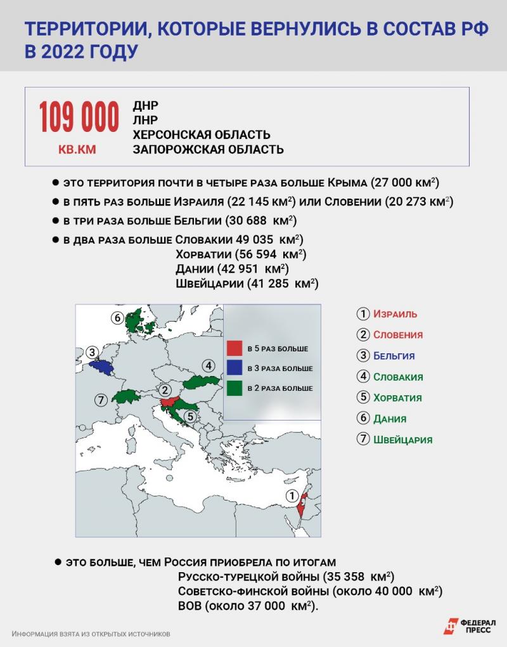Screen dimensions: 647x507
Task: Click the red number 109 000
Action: (79, 117)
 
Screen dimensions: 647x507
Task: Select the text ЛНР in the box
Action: (145, 120)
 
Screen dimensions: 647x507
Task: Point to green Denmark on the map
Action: (136, 320)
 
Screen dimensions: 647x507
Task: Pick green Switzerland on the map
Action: (125, 397)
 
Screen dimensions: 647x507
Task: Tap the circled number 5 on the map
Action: (189, 417)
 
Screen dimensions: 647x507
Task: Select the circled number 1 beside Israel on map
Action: (292, 496)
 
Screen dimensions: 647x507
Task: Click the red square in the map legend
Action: (235, 348)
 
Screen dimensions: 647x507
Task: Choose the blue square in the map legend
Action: (235, 368)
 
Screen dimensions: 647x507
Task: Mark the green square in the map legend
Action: (235, 388)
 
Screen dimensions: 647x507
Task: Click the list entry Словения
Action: (398, 334)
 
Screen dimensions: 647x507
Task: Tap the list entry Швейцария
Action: (402, 439)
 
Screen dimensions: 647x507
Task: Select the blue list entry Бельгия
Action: (394, 355)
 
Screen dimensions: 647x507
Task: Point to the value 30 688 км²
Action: (261, 221)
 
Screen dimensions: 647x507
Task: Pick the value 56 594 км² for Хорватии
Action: (271, 254)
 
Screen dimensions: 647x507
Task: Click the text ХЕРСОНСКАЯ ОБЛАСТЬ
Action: (201, 134)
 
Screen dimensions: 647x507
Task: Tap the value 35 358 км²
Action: (358, 577)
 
